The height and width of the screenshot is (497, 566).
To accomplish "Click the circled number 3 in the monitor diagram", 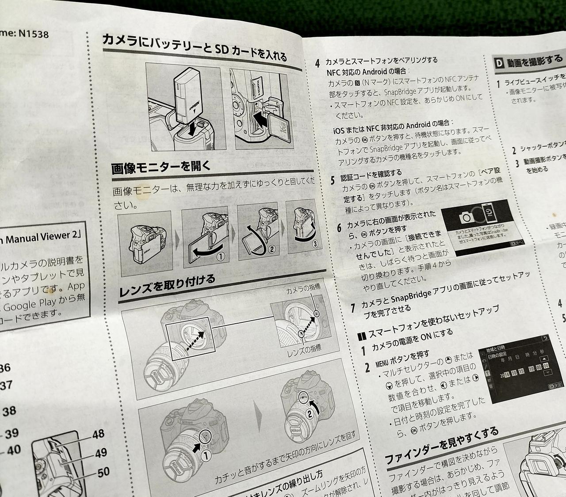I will pos(314,244).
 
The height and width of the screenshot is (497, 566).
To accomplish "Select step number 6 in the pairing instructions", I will pos(339,227).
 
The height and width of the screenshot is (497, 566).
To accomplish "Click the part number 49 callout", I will pos(101,453).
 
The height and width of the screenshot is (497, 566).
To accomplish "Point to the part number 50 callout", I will pos(103,472).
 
